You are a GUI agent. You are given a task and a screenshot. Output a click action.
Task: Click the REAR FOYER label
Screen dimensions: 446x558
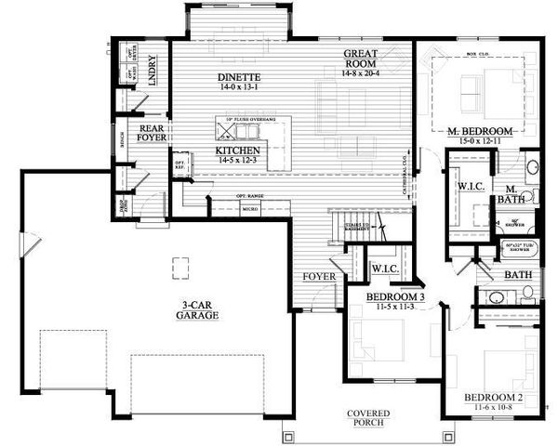tap(153, 137)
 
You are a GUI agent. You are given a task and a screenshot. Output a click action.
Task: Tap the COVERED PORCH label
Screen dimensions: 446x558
tap(368, 418)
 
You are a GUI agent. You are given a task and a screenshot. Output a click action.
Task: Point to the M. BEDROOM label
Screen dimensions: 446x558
tap(479, 129)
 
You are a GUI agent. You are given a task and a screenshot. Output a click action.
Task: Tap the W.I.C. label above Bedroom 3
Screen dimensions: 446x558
tap(384, 269)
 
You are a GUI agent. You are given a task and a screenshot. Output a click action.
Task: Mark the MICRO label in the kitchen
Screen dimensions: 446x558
tap(249, 210)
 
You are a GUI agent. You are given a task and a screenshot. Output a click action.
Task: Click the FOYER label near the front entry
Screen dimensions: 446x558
tap(318, 277)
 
